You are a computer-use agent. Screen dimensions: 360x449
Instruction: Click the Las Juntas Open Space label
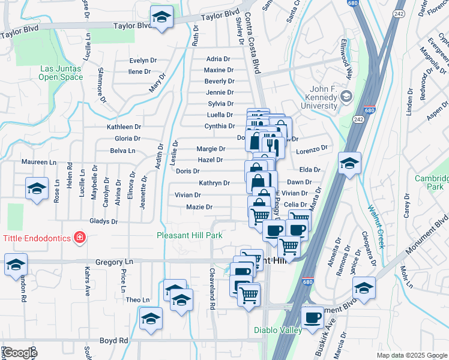coord(61,73)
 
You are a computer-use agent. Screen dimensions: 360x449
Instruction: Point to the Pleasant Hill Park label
coord(189,235)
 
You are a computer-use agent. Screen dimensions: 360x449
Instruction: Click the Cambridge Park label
coord(432,182)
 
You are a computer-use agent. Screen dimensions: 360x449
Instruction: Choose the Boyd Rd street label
coord(113,340)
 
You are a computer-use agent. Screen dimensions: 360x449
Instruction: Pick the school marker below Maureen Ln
coord(37,189)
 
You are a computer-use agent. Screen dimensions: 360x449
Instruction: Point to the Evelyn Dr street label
coord(143,61)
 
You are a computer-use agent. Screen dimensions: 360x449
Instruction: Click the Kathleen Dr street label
coord(124,127)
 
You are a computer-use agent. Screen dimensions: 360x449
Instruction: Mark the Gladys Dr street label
coord(103,221)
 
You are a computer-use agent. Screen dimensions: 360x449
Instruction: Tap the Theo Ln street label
coord(137,299)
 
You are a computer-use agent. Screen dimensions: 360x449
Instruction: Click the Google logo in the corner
coord(19,353)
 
